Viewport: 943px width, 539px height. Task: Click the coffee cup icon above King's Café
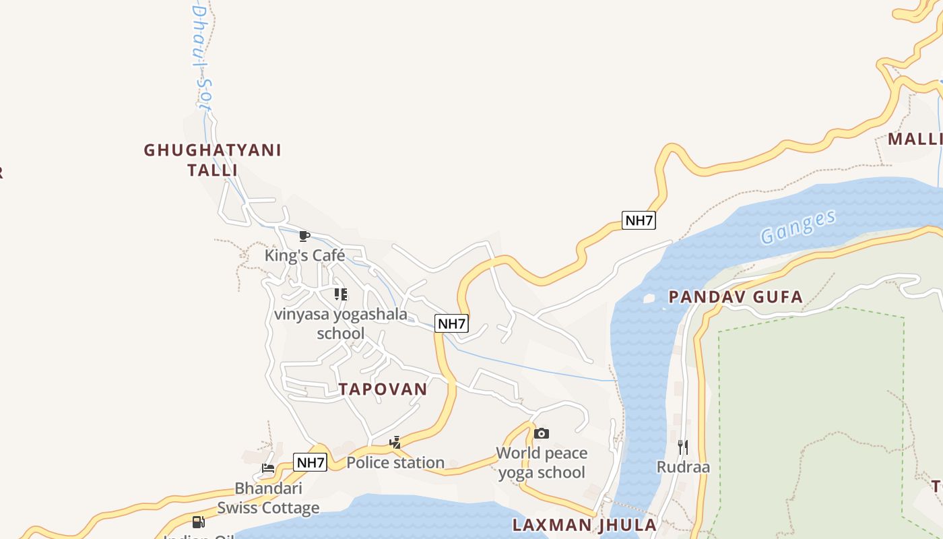304,236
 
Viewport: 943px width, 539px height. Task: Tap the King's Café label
304,255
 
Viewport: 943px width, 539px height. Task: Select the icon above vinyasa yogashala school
341,294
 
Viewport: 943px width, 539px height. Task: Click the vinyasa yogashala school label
341,323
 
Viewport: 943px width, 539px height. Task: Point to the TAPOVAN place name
383,389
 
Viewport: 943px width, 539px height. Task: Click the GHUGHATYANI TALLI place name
212,160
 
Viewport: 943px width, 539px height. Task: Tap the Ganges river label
798,227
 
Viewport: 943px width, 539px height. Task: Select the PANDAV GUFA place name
736,296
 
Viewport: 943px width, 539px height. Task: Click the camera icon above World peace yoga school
542,433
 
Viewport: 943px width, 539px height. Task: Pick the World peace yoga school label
542,462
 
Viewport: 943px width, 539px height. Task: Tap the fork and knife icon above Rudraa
683,447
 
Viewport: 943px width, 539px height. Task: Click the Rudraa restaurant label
683,467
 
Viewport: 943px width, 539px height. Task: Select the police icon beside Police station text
395,443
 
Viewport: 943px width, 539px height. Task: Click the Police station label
395,462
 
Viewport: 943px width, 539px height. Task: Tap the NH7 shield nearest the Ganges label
638,220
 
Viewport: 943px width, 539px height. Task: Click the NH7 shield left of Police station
311,463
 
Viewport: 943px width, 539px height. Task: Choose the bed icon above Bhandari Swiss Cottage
268,468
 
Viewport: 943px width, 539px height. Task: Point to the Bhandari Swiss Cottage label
268,498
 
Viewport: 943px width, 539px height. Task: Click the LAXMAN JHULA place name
584,525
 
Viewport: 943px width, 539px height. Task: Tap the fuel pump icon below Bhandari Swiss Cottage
198,521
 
